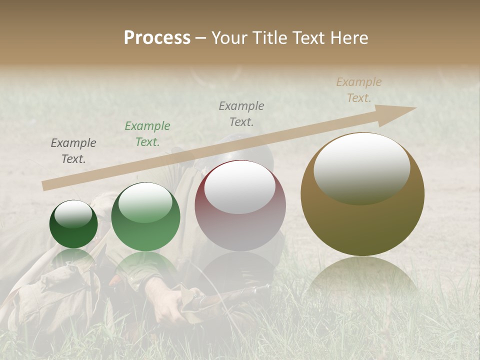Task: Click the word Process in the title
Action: click(x=157, y=38)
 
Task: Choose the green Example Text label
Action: click(x=147, y=134)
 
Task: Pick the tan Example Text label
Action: click(x=358, y=90)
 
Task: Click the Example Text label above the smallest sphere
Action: click(x=73, y=151)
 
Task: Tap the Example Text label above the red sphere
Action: click(x=241, y=113)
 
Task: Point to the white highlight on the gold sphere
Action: click(x=361, y=167)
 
